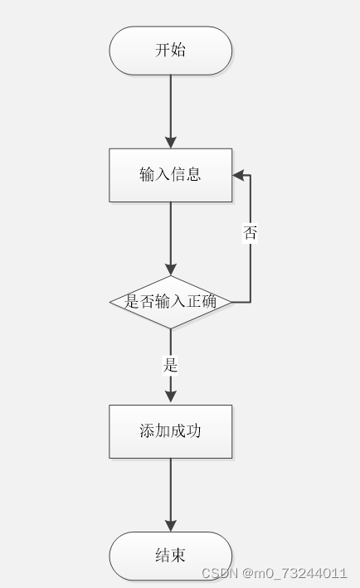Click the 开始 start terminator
[170, 51]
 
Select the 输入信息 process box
[170, 175]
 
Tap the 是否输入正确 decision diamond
[170, 302]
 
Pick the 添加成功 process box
[170, 431]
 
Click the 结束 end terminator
[170, 556]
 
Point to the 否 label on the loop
[250, 234]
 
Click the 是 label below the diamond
[170, 365]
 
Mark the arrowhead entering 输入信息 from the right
[238, 175]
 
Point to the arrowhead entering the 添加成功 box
[170, 398]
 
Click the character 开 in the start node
[163, 51]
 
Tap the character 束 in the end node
[178, 556]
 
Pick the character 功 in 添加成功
[193, 431]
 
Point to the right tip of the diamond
[231, 302]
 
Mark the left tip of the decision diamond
[110, 302]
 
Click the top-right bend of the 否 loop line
[251, 175]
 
